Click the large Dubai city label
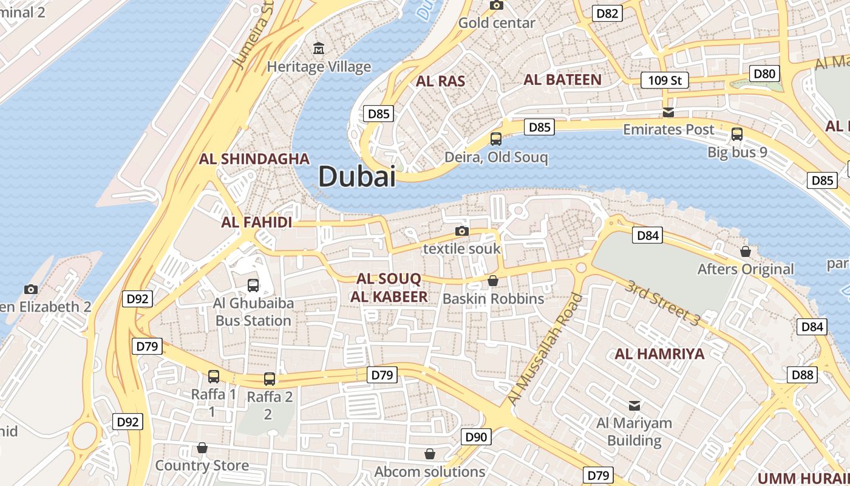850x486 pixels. (x=357, y=177)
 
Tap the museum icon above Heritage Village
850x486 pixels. (x=318, y=48)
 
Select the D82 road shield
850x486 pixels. (x=607, y=13)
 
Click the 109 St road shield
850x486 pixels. (x=665, y=80)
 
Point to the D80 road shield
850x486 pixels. (x=764, y=74)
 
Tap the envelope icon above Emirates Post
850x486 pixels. (x=668, y=112)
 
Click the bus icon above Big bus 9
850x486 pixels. (x=737, y=134)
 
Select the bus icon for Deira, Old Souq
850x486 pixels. (x=496, y=139)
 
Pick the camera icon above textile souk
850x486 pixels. (x=462, y=231)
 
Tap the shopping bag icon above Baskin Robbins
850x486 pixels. (x=493, y=281)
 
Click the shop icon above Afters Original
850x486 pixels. (x=746, y=251)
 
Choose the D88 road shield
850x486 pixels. (x=802, y=375)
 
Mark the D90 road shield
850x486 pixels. (x=477, y=437)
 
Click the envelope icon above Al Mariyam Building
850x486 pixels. (x=634, y=405)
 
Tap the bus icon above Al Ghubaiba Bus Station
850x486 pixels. (x=253, y=285)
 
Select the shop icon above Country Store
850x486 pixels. (x=202, y=448)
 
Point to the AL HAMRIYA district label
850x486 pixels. (x=659, y=354)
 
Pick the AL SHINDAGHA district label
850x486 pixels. (x=254, y=159)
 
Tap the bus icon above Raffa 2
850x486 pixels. (x=270, y=379)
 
